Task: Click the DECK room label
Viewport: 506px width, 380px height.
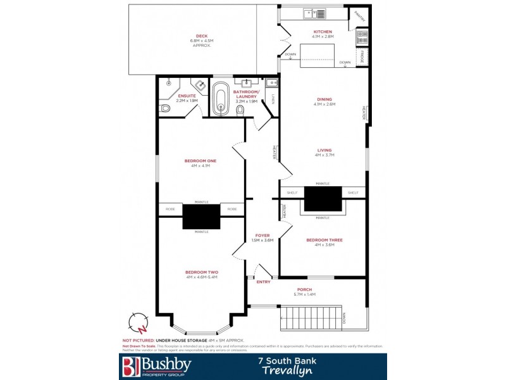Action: pyautogui.click(x=202, y=35)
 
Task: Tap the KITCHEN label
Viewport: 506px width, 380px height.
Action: pyautogui.click(x=323, y=32)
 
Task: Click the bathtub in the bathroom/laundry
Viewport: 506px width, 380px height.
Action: pyautogui.click(x=221, y=99)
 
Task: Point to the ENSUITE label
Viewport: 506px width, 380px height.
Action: pyautogui.click(x=187, y=96)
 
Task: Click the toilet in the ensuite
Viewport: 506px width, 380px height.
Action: pyautogui.click(x=164, y=108)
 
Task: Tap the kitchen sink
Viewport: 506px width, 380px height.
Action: pyautogui.click(x=314, y=13)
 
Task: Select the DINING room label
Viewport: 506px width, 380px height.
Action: pyautogui.click(x=324, y=99)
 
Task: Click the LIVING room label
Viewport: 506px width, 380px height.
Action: pyautogui.click(x=324, y=150)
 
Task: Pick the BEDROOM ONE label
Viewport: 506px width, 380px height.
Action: pyautogui.click(x=200, y=161)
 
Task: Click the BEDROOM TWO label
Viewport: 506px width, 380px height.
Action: pyautogui.click(x=201, y=272)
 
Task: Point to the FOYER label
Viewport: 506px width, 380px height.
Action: pyautogui.click(x=262, y=236)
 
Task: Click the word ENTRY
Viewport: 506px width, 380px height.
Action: pyautogui.click(x=263, y=282)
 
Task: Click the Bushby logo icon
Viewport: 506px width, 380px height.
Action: pyautogui.click(x=130, y=366)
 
